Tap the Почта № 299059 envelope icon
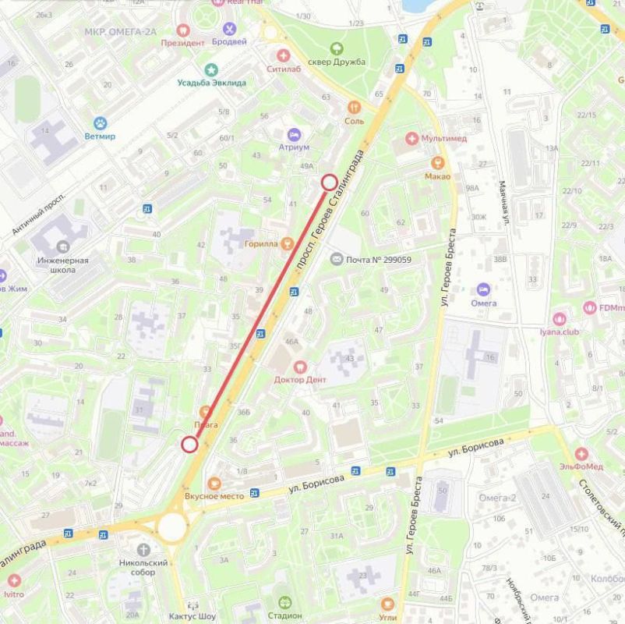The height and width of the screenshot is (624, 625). [x=337, y=259]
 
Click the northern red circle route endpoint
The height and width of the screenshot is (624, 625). [x=329, y=183]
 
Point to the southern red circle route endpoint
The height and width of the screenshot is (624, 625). [x=189, y=445]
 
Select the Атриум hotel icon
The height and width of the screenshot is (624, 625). [x=294, y=133]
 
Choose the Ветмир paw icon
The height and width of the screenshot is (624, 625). [x=101, y=122]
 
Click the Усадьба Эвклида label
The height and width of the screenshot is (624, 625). [x=211, y=83]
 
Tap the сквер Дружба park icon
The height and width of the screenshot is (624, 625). [x=337, y=48]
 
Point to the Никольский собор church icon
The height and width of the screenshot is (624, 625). [x=143, y=549]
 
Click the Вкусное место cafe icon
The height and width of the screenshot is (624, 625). [x=214, y=482]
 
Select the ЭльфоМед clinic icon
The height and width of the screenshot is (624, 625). [x=580, y=454]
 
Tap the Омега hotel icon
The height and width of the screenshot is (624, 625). [x=483, y=289]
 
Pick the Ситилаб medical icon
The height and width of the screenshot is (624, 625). [x=284, y=55]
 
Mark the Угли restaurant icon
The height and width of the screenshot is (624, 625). [x=388, y=602]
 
